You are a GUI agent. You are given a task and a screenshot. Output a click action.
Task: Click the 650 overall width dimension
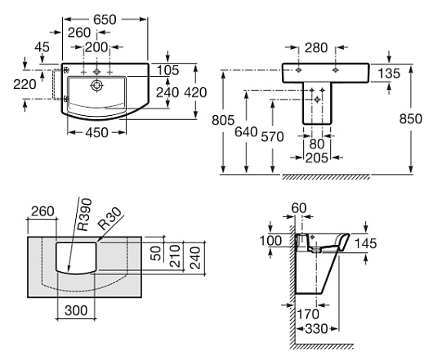click(105, 20)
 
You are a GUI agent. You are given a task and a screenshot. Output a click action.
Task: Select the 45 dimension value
click(42, 47)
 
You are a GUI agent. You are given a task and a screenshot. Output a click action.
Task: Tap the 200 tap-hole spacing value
click(96, 47)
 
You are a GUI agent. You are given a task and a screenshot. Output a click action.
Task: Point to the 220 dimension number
click(25, 84)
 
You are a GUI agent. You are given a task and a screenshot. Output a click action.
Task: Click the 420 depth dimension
click(195, 93)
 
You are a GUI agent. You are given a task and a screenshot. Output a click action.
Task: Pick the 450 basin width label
click(96, 133)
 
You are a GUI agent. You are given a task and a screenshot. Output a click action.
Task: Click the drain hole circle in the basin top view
click(96, 86)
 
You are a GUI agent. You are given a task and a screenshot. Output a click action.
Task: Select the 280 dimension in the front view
click(316, 47)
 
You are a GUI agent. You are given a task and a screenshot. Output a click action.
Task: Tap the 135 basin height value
click(389, 73)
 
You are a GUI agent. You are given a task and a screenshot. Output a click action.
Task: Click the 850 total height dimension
click(411, 119)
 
